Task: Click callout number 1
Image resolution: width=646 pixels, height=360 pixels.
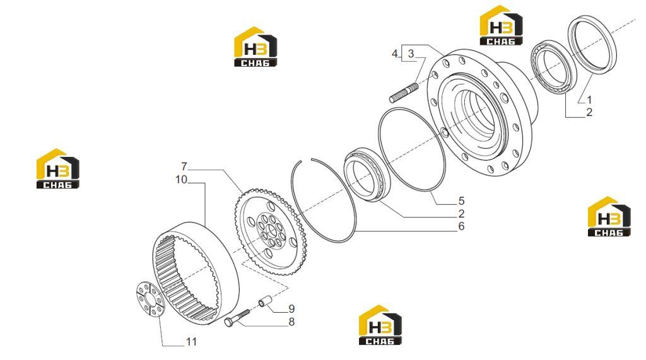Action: (589, 100)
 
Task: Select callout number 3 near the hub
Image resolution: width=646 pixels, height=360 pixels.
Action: (411, 54)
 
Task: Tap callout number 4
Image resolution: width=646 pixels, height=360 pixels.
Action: (395, 54)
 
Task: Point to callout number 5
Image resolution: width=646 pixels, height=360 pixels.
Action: (461, 201)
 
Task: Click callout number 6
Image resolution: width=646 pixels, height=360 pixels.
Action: (461, 226)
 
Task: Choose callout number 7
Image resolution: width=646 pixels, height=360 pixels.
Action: (184, 167)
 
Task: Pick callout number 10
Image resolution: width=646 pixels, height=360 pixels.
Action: (181, 180)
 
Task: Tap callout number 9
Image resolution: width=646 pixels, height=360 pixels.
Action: (291, 309)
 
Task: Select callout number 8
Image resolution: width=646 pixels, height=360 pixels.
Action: (291, 322)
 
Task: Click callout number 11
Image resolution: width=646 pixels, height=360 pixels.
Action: (192, 342)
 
